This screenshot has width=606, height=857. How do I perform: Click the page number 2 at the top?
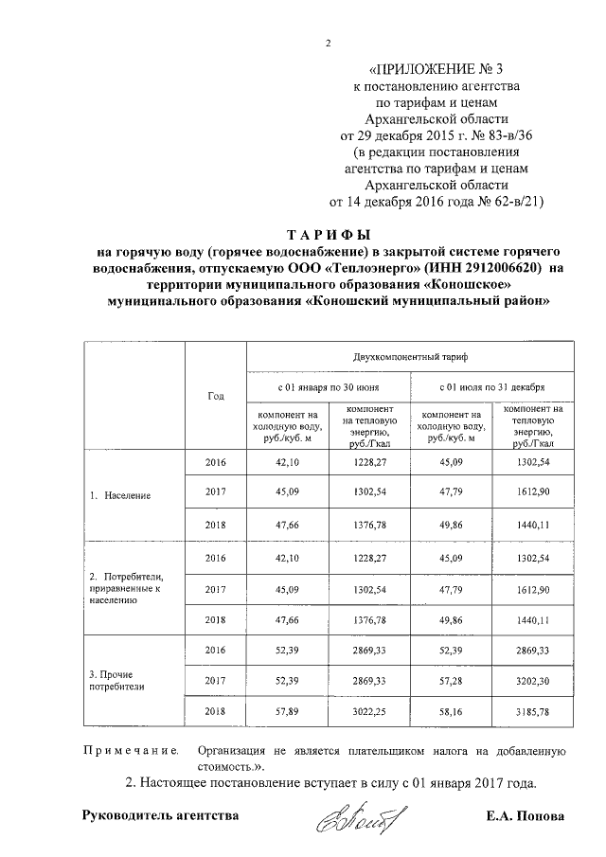[x=328, y=43]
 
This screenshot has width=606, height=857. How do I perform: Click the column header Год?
[x=215, y=395]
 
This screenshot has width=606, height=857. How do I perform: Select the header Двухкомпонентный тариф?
[x=410, y=359]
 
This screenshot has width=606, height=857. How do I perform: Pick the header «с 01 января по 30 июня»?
[x=329, y=388]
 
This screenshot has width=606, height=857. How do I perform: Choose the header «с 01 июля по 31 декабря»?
[x=491, y=388]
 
